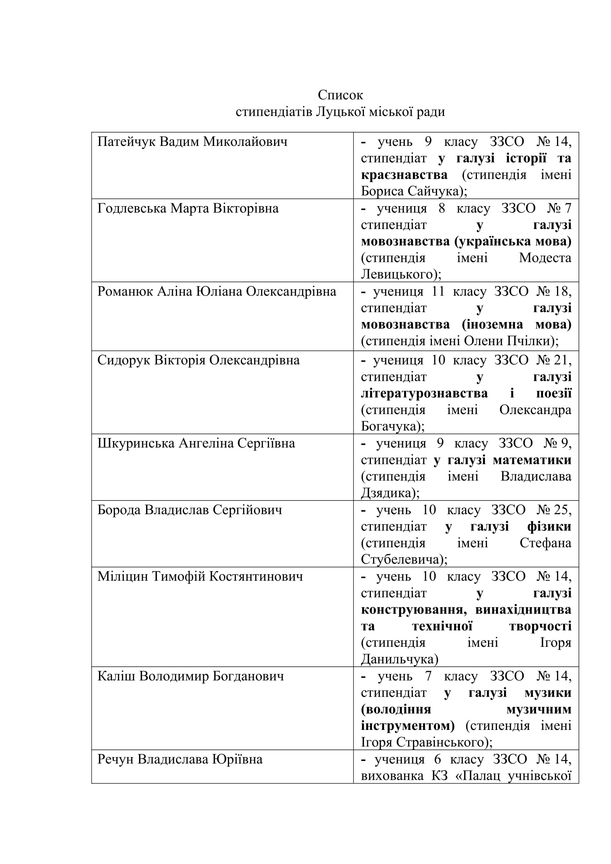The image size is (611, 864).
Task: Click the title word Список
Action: point(340,95)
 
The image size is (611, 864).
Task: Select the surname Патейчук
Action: point(126,142)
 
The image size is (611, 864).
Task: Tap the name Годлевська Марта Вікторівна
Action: point(188,208)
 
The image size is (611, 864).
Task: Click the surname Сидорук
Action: point(124,361)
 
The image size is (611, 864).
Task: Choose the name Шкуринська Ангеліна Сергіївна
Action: point(196,444)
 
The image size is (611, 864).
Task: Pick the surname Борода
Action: point(119,510)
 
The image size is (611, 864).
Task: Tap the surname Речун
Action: point(116,760)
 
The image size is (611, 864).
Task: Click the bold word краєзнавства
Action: point(404,175)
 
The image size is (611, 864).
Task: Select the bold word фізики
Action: point(549,527)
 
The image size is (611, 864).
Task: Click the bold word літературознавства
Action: point(424,394)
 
